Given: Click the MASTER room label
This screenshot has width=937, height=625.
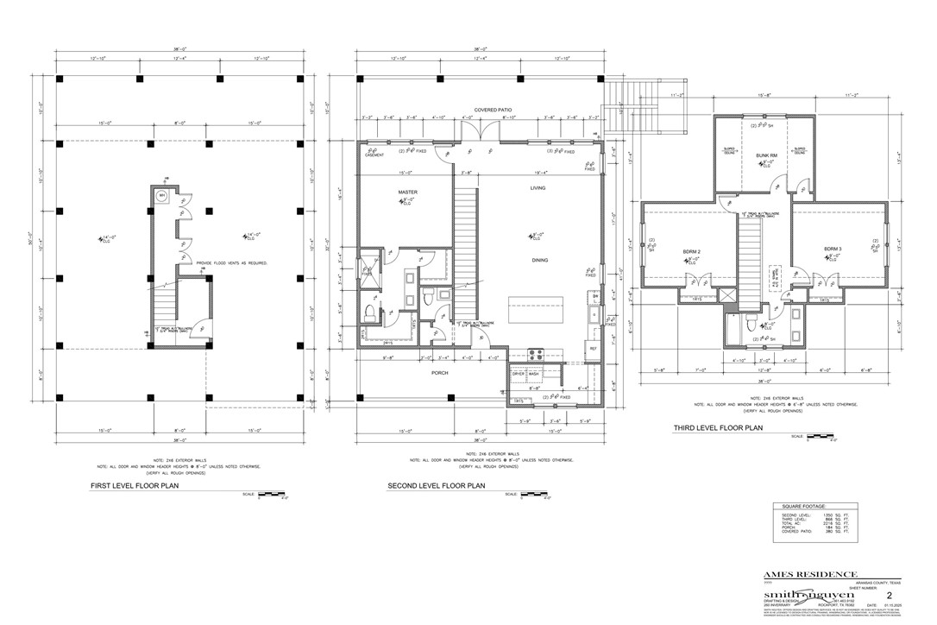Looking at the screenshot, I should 407,192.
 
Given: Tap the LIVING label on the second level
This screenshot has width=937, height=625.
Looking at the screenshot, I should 538,187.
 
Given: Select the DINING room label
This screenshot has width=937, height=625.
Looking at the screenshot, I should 540,260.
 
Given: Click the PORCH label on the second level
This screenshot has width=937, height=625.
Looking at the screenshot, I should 440,373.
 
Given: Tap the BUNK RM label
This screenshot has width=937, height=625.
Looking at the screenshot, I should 766,155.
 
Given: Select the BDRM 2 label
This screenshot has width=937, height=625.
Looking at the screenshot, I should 691,251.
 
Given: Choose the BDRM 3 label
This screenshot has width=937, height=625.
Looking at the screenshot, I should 832,250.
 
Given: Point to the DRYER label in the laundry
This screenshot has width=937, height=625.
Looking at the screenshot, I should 518,373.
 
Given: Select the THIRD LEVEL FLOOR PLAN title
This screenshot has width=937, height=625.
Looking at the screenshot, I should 718,426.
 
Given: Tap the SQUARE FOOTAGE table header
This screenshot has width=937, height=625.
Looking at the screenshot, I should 803,506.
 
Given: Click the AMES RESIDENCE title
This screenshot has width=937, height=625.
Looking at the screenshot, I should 810,574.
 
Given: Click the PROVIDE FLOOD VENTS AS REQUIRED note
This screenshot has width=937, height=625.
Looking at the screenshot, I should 231,262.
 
